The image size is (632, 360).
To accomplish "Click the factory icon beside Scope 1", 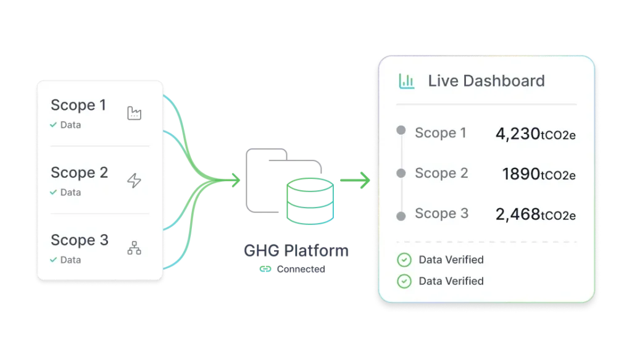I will tap(134, 113).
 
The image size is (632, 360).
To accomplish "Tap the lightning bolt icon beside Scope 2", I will tap(134, 180).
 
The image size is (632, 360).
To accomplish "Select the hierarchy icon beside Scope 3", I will tap(134, 248).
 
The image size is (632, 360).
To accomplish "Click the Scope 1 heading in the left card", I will tap(78, 105).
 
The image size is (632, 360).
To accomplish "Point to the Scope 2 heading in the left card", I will tap(79, 172).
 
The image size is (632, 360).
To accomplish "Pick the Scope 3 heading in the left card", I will tap(79, 240).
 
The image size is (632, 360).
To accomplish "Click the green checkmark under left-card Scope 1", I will tap(54, 125).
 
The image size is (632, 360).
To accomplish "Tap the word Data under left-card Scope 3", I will tap(70, 260).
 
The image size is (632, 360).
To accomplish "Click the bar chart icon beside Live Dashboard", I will tap(407, 81).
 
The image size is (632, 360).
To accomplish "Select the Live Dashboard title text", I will tap(486, 81).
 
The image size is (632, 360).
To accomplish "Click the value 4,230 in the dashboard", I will tap(517, 133).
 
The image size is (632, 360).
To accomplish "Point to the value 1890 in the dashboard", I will tap(521, 174).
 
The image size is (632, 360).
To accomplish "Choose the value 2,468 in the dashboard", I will tap(517, 214).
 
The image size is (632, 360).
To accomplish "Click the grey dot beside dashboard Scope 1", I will tap(401, 131).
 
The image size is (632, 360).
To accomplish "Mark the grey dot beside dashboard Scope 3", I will tap(401, 216).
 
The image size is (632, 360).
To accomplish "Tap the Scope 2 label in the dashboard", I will tap(441, 174).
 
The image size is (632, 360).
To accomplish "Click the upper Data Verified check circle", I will tap(404, 260).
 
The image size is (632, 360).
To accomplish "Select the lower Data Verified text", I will tap(451, 281).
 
